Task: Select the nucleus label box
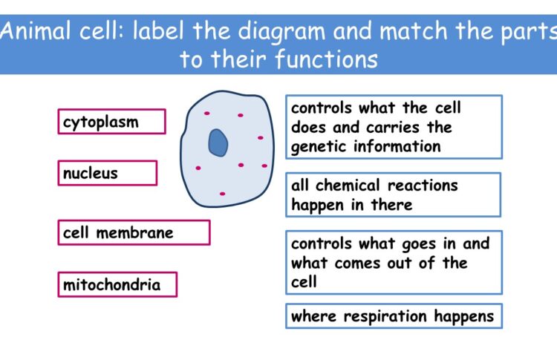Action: (108, 173)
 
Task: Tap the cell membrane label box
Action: (134, 232)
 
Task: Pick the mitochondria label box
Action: (117, 284)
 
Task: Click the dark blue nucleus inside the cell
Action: (218, 143)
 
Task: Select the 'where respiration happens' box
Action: (394, 316)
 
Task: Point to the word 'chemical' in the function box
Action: (348, 186)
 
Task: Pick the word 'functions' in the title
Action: (327, 59)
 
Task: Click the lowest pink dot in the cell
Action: (222, 194)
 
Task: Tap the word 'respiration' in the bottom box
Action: (385, 316)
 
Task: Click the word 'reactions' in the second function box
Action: (423, 186)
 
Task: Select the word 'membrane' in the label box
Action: (134, 233)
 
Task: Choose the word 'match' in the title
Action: (414, 31)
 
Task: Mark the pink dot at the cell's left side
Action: (198, 168)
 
